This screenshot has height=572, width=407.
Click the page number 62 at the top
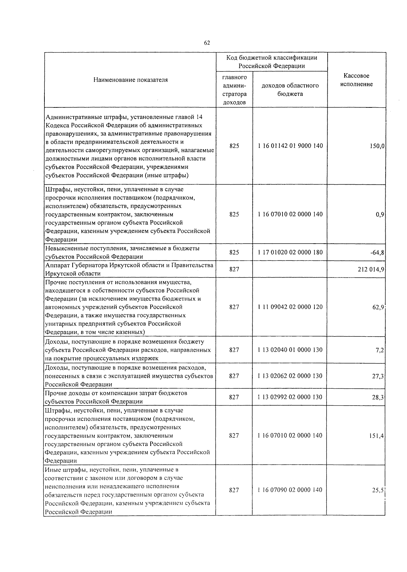pyautogui.click(x=207, y=43)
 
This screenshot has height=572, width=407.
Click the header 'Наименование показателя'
pyautogui.click(x=131, y=80)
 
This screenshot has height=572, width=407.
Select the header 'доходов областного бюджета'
pyautogui.click(x=290, y=89)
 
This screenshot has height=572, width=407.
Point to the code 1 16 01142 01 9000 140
pyautogui.click(x=290, y=146)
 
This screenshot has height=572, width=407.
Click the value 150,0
pyautogui.click(x=377, y=146)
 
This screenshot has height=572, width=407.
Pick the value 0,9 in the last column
pyautogui.click(x=380, y=214)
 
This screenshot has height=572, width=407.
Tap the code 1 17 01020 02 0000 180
pyautogui.click(x=290, y=252)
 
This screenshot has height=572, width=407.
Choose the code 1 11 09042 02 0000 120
pyautogui.click(x=290, y=307)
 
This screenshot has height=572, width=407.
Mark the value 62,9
pyautogui.click(x=378, y=307)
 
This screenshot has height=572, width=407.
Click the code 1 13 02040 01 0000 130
pyautogui.click(x=290, y=350)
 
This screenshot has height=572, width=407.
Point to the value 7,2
pyautogui.click(x=380, y=350)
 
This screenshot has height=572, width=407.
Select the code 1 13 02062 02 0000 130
pyautogui.click(x=290, y=376)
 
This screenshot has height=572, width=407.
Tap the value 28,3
pyautogui.click(x=378, y=397)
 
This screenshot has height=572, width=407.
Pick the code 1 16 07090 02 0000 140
pyautogui.click(x=290, y=490)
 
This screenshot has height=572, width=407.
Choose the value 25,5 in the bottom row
pyautogui.click(x=378, y=490)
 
